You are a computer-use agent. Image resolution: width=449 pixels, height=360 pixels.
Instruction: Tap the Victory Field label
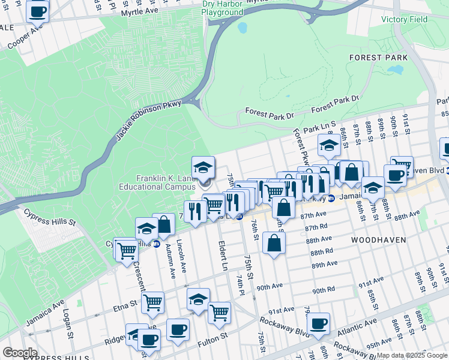[x=405, y=19]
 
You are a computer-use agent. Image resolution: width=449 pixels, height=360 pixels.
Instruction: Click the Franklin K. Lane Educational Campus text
[x=166, y=182]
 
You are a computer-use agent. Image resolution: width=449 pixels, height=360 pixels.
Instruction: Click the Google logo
[x=20, y=353]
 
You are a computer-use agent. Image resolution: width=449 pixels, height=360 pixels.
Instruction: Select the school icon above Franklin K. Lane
[x=203, y=167]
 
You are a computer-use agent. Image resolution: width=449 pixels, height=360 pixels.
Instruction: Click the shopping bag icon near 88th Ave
[x=274, y=243]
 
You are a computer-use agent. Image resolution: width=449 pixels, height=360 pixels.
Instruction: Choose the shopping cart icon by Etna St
[x=153, y=302]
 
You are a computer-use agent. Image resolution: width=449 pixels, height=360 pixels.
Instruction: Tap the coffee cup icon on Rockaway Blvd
[x=318, y=322]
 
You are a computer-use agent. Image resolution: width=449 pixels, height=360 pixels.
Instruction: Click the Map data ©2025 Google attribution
[x=412, y=355]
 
